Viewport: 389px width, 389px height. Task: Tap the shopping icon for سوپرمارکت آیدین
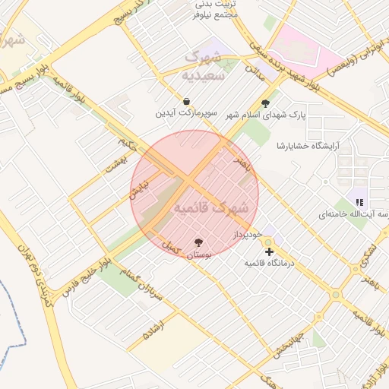(x=187, y=100)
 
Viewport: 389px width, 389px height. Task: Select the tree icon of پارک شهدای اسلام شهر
(x=265, y=103)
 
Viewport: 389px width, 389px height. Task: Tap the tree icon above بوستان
(x=199, y=242)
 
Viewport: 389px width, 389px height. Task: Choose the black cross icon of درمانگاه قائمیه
(x=269, y=251)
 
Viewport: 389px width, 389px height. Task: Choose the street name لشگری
(x=369, y=253)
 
